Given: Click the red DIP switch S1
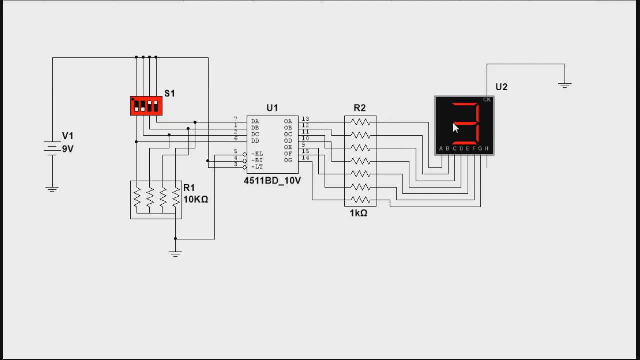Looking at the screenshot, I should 146,106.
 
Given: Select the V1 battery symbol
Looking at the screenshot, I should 52,148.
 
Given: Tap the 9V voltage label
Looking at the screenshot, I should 68,149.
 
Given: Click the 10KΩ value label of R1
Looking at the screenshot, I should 196,199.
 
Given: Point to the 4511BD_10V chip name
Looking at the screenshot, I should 272,181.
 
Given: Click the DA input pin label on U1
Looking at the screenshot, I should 255,121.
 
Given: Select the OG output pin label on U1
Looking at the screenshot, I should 288,160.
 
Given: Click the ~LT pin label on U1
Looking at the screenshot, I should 257,167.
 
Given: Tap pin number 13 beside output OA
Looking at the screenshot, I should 305,119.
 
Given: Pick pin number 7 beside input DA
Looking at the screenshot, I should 236,119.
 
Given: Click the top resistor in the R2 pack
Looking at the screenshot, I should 360,122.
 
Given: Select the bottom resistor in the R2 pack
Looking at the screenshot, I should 360,200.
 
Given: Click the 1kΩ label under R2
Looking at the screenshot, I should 358,213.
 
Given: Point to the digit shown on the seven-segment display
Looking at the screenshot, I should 466,123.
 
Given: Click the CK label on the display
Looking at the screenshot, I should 487,100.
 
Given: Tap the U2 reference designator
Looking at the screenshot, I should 501,87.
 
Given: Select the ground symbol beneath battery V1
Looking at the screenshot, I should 52,189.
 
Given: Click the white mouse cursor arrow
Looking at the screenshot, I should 455,128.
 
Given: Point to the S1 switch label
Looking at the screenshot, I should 170,93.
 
